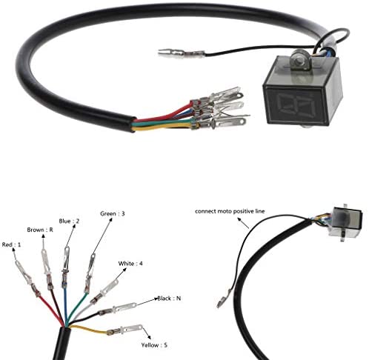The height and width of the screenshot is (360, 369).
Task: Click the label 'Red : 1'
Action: pyautogui.click(x=11, y=244)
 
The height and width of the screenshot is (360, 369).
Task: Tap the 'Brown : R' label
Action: pyautogui.click(x=40, y=230)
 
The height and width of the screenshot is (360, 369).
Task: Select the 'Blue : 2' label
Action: pyautogui.click(x=69, y=221)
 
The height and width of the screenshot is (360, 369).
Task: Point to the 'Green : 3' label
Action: pyautogui.click(x=113, y=213)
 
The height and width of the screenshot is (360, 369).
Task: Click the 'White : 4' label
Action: pyautogui.click(x=130, y=264)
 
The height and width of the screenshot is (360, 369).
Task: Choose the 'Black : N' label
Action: pyautogui.click(x=169, y=299)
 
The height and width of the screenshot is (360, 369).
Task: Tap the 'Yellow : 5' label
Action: pyautogui.click(x=154, y=345)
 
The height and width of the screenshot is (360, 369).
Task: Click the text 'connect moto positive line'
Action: pyautogui.click(x=230, y=211)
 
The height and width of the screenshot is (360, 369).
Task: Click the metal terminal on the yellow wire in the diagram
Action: pyautogui.click(x=125, y=330)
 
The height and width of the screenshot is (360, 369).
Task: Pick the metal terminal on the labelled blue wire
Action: pyautogui.click(x=65, y=267)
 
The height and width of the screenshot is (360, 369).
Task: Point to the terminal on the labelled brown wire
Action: pyautogui.click(x=47, y=270)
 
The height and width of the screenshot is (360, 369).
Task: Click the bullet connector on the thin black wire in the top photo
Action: pyautogui.click(x=182, y=53)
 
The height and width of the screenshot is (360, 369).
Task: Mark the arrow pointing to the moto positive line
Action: pyautogui.click(x=243, y=223)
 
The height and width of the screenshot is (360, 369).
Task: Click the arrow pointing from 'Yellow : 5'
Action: pyautogui.click(x=147, y=333)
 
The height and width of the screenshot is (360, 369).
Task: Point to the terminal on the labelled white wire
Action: pyautogui.click(x=104, y=291)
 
